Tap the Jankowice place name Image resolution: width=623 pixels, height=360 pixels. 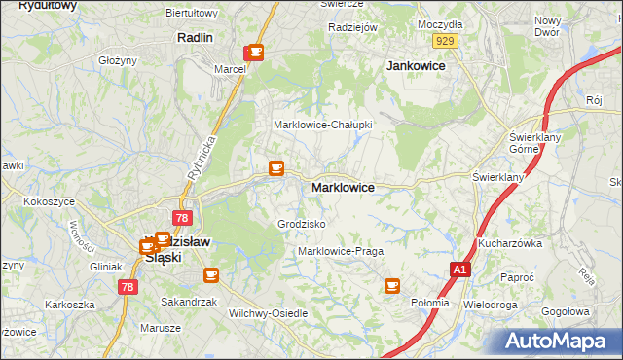click(416, 66)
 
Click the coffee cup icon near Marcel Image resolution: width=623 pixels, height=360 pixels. click(255, 52)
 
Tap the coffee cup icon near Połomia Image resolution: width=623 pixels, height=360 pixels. click(392, 285)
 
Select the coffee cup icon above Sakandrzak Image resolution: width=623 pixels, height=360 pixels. click(211, 275)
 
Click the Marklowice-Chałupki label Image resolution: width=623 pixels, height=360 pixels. click(323, 126)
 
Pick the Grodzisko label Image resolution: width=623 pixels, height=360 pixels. click(302, 224)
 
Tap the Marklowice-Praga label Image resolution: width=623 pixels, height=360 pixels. click(341, 251)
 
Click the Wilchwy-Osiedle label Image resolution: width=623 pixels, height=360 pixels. click(268, 313)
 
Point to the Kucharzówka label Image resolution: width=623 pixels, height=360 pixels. click(509, 243)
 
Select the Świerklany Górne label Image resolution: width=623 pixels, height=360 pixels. click(531, 144)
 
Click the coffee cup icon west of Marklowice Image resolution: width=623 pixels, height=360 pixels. click(276, 168)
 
